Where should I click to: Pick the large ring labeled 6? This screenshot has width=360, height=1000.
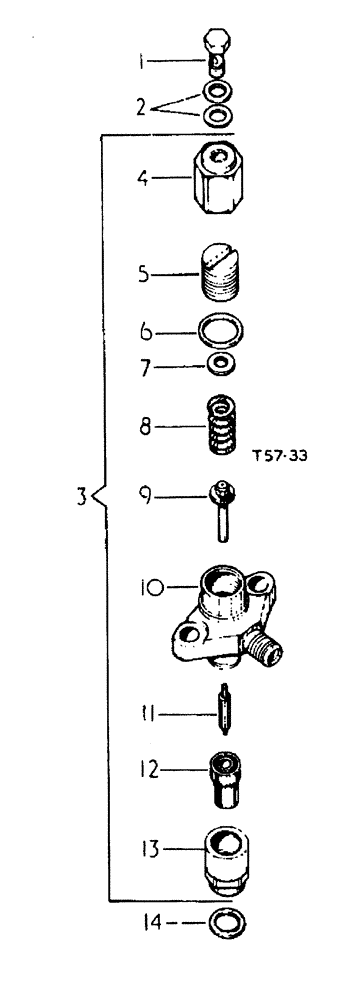click(x=219, y=330)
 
